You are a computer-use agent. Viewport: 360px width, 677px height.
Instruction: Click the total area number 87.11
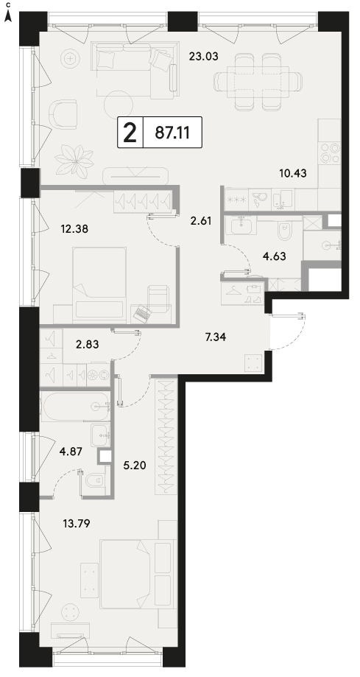(172, 133)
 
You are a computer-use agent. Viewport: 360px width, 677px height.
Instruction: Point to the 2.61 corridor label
(200, 222)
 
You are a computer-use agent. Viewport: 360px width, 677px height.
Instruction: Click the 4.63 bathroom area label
(275, 256)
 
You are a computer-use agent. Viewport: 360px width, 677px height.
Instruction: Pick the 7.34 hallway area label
(215, 337)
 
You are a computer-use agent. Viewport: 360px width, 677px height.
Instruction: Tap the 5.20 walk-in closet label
(135, 465)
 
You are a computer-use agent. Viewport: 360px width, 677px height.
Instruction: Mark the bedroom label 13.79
(77, 525)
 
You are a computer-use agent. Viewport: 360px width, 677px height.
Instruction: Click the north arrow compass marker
(8, 16)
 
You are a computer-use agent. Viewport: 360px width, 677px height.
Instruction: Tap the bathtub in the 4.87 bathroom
(75, 407)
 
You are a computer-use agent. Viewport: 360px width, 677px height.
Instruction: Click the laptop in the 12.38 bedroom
(141, 313)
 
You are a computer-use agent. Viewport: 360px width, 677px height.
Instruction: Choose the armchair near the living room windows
(63, 114)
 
